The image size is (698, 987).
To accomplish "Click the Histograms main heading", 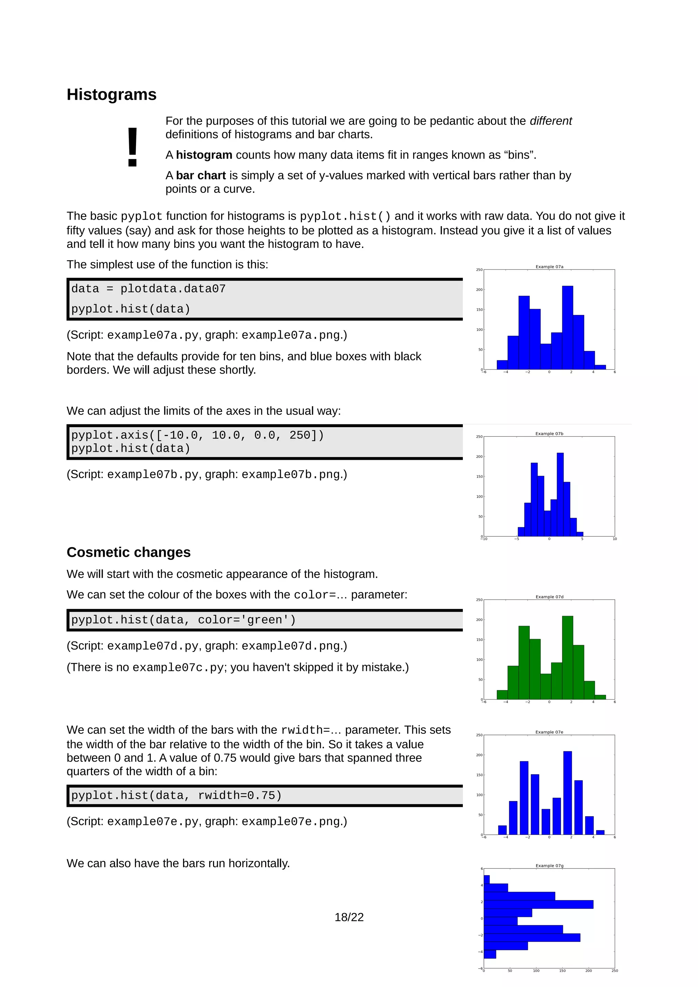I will tap(111, 95).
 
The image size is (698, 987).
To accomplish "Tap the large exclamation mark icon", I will tap(133, 147).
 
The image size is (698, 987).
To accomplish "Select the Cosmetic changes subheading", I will tap(128, 552).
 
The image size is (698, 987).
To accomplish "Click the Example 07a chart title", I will tap(549, 267).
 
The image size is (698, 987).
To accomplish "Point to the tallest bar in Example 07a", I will tap(567, 327).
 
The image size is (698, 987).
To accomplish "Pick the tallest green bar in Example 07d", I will tap(567, 657).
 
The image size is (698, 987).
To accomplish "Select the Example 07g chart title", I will tap(549, 865).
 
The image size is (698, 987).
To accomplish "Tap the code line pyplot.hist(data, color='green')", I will tap(184, 620).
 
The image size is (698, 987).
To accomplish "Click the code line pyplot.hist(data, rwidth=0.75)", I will tap(176, 795).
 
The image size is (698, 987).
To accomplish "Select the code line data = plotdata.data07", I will tap(148, 288).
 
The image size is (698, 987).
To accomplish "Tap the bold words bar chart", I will tap(200, 175).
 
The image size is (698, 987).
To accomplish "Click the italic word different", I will tap(550, 121).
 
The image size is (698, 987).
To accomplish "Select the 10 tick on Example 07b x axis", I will tap(614, 539).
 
